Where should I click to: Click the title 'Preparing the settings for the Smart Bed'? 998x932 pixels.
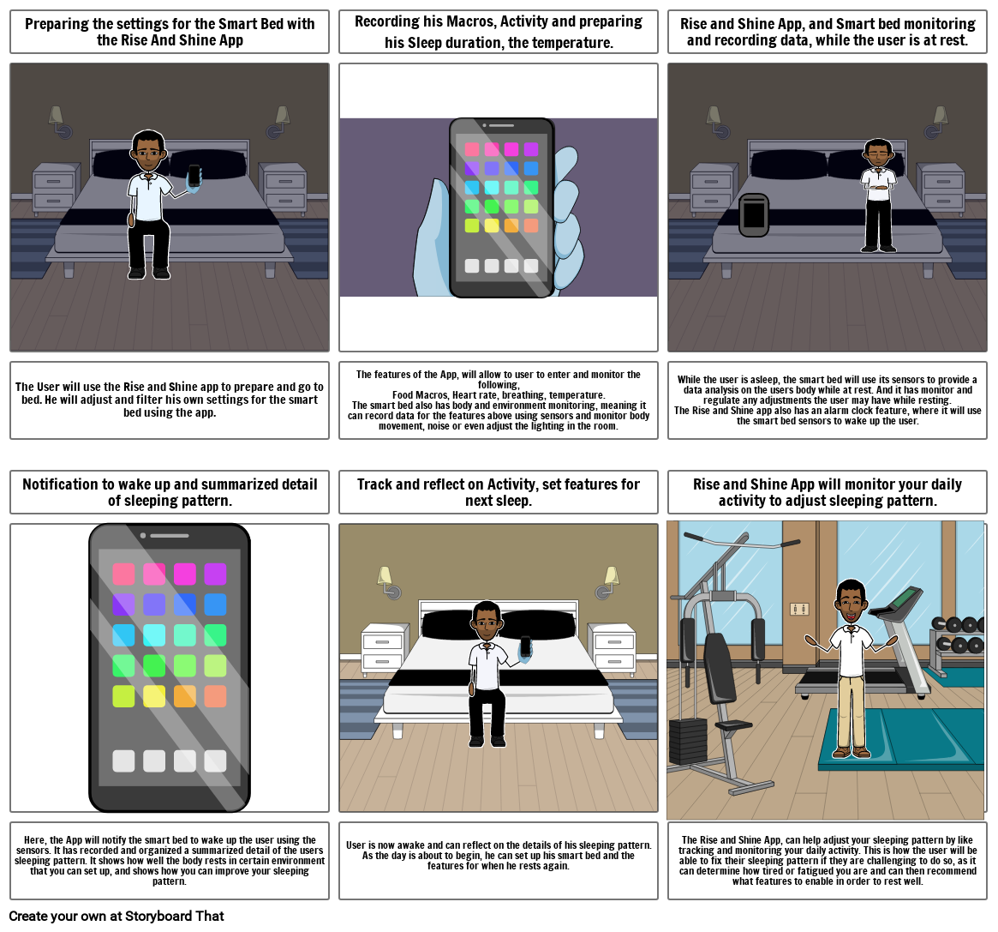tap(170, 32)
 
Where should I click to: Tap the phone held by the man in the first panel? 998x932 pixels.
tap(194, 176)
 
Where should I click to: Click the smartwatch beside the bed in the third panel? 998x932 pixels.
tap(754, 215)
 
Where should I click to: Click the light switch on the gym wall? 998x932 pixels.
tap(798, 609)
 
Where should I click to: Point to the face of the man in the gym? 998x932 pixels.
tap(850, 604)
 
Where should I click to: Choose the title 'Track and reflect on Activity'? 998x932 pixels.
tap(498, 492)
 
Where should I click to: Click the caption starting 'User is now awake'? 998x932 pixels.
tap(498, 855)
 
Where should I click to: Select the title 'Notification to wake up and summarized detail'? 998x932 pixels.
tap(170, 492)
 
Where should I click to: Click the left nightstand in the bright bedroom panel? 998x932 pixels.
tap(382, 650)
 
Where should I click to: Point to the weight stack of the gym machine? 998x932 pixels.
tap(687, 741)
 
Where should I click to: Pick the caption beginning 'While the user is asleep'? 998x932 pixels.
tap(827, 400)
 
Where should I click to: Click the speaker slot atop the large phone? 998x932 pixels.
tap(170, 536)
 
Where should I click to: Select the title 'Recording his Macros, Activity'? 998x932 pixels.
tap(498, 32)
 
